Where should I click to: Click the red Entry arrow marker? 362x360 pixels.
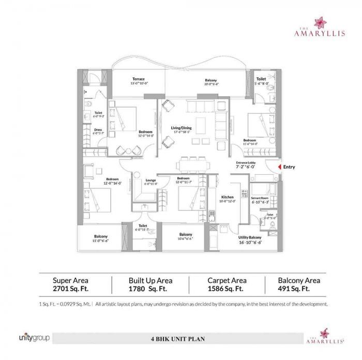280,167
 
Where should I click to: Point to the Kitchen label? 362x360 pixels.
228,198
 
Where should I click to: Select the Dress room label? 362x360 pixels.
98,130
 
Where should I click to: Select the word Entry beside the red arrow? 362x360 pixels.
290,167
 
